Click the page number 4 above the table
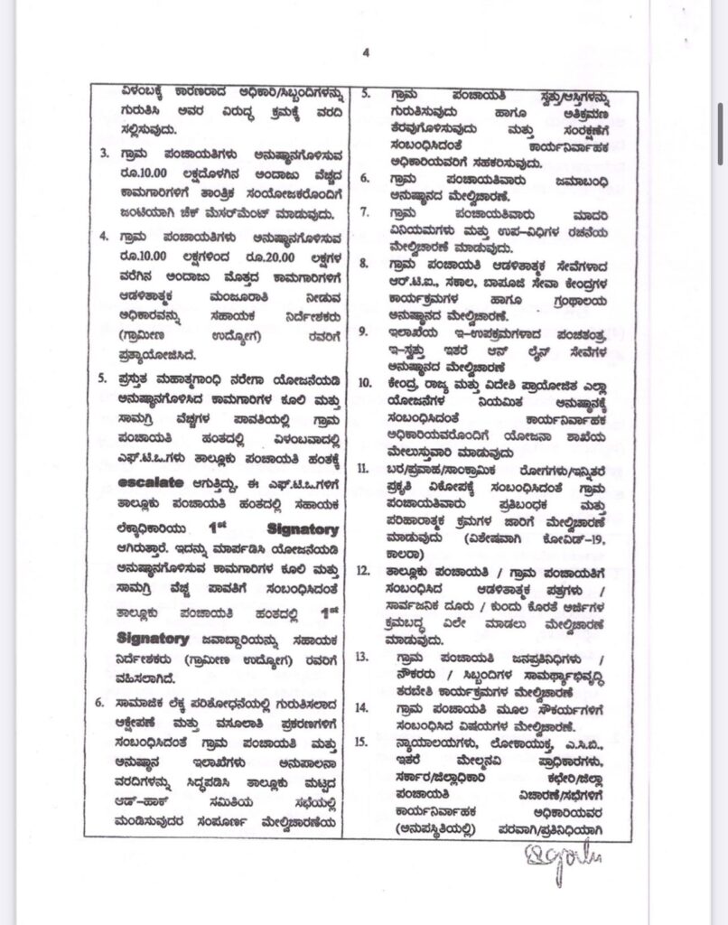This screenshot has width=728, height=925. [366, 52]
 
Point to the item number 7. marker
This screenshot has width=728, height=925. [366, 213]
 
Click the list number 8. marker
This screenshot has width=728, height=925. [366, 264]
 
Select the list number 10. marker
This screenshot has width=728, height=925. [365, 381]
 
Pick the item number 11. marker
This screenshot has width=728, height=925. [365, 468]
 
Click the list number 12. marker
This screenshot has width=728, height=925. [365, 571]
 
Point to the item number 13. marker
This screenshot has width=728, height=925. [365, 657]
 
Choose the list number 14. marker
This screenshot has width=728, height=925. [365, 707]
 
